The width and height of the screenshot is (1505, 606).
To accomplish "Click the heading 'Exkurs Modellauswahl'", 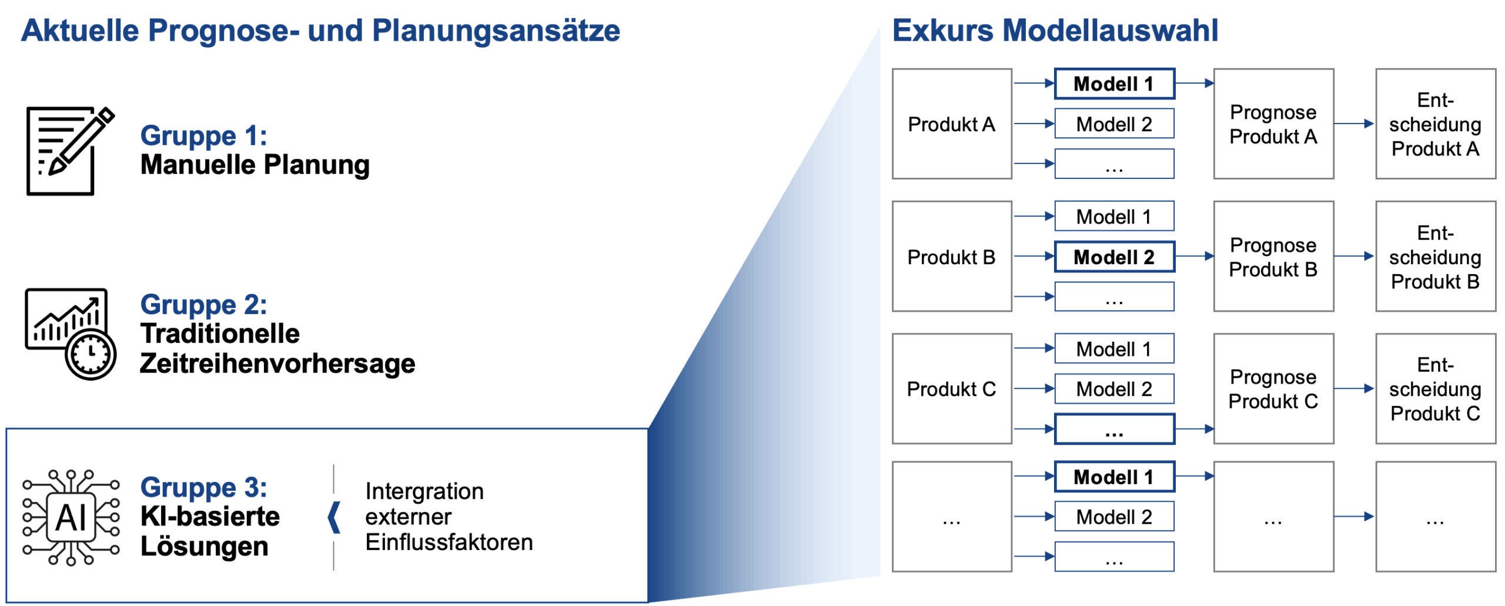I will [x=1055, y=31].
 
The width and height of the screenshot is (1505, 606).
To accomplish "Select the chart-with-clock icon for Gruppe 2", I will [x=71, y=333].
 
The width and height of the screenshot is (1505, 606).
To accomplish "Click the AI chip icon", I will [x=71, y=518].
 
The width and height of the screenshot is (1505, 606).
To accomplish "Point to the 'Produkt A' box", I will [x=951, y=124].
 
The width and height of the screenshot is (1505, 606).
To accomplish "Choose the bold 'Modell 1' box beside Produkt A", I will [x=1113, y=84].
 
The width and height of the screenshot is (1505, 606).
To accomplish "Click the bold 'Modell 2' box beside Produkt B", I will [x=1113, y=257].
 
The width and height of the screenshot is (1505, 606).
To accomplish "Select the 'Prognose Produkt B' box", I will [x=1273, y=257].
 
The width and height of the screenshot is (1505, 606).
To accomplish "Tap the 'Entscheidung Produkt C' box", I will [x=1434, y=389].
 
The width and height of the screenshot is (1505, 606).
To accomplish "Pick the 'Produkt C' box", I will [x=951, y=389].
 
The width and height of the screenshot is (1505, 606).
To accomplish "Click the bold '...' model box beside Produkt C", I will [x=1113, y=429].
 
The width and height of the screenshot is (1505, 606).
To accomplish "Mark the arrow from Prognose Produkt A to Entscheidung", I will [x=1353, y=124].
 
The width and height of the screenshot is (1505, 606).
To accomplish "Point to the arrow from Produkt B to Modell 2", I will [x=1034, y=257].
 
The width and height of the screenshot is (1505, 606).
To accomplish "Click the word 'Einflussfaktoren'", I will [x=449, y=542].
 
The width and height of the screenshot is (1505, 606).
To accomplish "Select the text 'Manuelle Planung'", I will [x=255, y=165].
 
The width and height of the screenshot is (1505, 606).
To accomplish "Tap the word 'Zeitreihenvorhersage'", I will [x=277, y=364].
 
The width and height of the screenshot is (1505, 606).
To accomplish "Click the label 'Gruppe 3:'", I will [x=203, y=488].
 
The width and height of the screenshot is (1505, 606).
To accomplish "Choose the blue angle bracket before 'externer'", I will [x=335, y=518].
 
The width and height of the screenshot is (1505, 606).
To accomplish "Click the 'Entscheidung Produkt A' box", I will [x=1434, y=124].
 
